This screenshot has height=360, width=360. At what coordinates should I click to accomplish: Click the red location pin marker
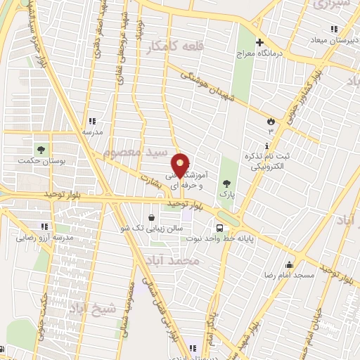[181, 165]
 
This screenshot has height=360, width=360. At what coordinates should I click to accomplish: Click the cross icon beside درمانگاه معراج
[259, 43]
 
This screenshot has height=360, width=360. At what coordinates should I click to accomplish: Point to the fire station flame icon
[270, 121]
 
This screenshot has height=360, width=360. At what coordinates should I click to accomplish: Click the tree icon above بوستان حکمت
[40, 150]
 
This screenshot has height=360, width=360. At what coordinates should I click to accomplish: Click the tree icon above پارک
[225, 182]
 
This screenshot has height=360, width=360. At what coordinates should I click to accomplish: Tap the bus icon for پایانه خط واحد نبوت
[220, 228]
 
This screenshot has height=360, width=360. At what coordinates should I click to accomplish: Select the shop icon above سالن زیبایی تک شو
[153, 217]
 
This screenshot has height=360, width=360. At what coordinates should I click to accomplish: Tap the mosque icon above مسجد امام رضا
[289, 264]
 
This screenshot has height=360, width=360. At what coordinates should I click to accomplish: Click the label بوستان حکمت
[40, 161]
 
